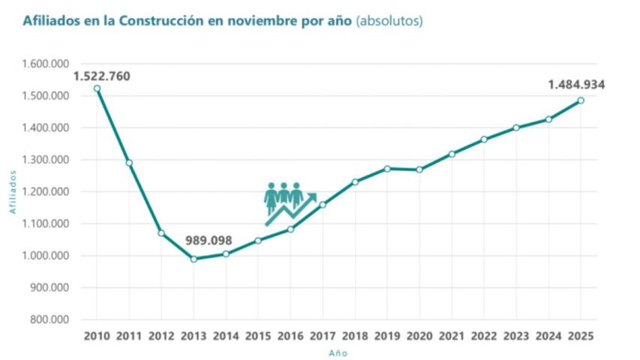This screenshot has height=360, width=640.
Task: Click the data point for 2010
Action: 97,88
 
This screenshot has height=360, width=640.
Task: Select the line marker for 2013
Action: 194,259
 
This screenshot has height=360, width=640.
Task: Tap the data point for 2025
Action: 581,100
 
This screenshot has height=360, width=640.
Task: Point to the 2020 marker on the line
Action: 419,169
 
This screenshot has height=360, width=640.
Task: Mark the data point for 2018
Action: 355,181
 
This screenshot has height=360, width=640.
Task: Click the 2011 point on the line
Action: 129,163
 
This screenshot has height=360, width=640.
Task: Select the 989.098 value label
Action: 209,241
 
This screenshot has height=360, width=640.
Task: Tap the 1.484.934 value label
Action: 576,84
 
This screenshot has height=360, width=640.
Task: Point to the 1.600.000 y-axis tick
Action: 45,64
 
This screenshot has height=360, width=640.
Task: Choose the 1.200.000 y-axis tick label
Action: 45,191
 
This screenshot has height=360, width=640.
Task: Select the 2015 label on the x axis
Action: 258,336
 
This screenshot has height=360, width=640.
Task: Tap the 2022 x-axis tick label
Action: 484,336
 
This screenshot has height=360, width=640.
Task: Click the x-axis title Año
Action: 338,352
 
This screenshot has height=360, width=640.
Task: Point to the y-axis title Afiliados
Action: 13,191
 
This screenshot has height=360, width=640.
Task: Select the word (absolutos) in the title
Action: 390,21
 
